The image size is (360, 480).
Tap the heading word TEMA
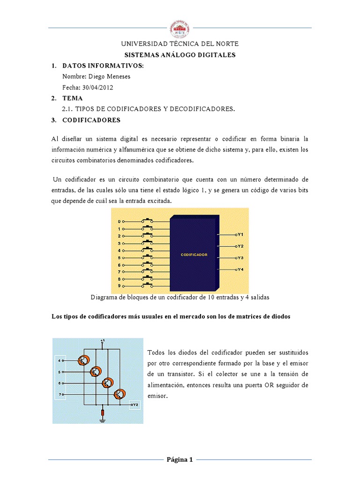72,98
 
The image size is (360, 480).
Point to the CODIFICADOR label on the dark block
194,255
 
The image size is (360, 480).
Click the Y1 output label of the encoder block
240,234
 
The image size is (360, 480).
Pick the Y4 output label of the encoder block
240,270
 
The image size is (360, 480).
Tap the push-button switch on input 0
150,220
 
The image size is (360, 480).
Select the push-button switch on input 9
150,285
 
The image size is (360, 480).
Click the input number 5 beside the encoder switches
119,258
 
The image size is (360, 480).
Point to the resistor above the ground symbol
103,412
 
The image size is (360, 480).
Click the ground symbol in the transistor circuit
103,420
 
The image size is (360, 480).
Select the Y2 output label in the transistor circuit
134,404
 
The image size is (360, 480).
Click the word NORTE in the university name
227,44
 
